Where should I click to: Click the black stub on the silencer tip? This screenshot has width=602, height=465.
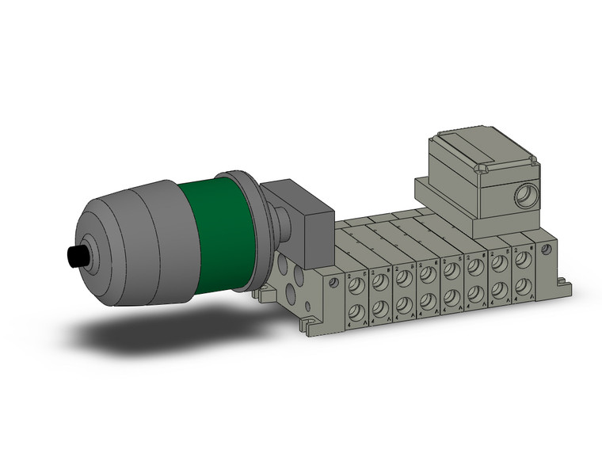pos(78,257)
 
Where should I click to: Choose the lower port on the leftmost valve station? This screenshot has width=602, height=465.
pos(356,310)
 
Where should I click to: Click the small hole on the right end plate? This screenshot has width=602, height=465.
pos(545,249)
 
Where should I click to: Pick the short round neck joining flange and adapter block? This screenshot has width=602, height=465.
pos(276,222)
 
